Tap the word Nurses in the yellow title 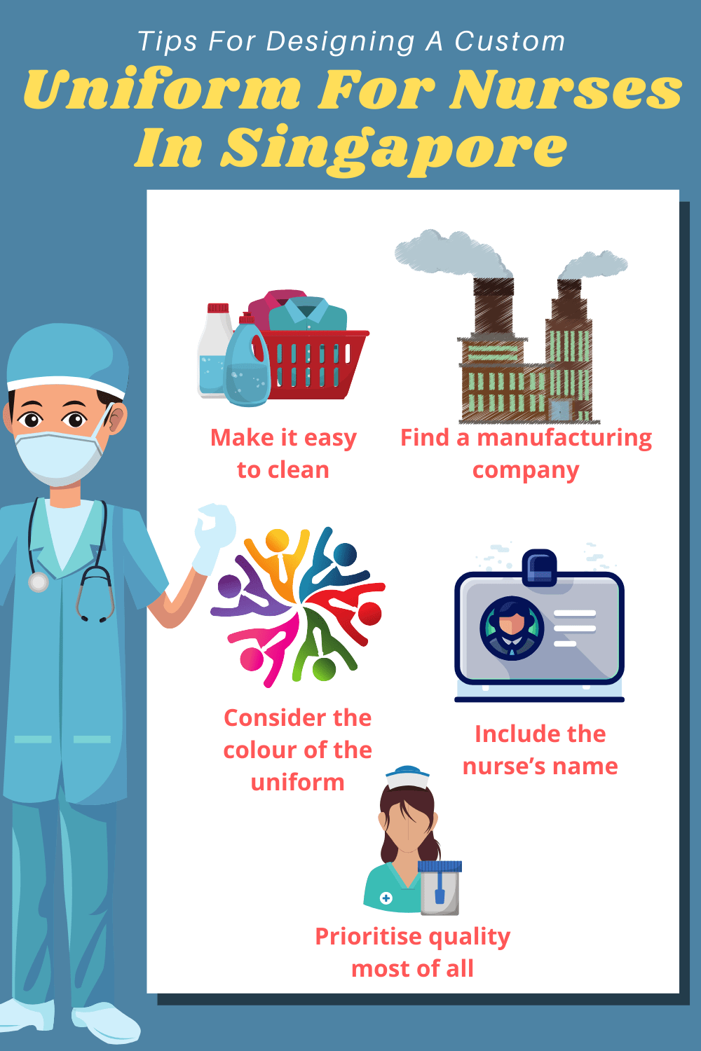(565, 91)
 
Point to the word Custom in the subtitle (510, 41)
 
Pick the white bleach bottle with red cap (214, 350)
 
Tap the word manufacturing (564, 438)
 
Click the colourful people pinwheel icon (298, 606)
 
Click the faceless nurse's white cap (407, 776)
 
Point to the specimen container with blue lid (440, 887)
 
